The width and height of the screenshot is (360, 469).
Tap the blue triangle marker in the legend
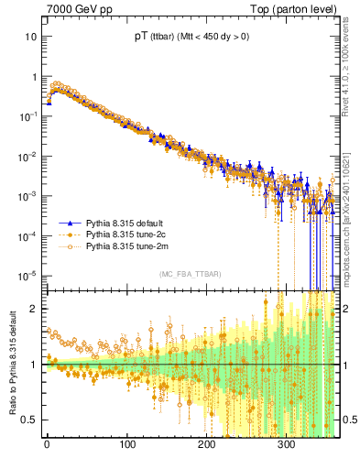tap(70, 223)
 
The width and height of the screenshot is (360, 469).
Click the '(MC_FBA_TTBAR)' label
tap(190, 274)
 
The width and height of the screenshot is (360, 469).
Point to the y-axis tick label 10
tap(31, 37)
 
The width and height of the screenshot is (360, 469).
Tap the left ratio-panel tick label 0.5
tap(30, 420)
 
